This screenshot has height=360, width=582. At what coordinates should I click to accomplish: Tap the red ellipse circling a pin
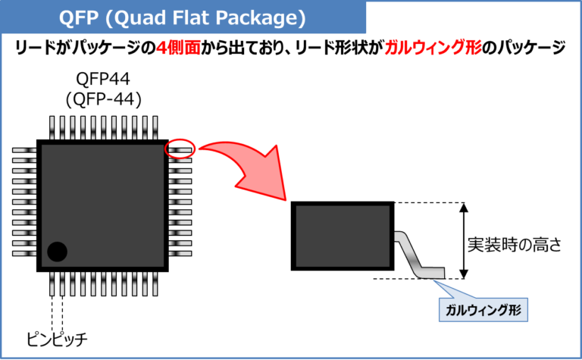coord(180,149)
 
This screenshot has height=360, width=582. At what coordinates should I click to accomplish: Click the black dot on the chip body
coord(57,251)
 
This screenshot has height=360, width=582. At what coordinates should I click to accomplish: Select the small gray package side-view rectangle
coord(343,236)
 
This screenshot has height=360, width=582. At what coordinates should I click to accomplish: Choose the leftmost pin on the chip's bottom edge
coord(52,284)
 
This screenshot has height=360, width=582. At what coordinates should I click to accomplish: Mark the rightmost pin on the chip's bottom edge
coord(154,284)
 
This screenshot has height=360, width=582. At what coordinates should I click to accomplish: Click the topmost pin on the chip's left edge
coord(24,150)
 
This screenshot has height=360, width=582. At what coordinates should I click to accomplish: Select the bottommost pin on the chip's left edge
coord(24,252)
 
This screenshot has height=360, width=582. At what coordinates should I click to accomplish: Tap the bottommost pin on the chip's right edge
coord(180,252)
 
